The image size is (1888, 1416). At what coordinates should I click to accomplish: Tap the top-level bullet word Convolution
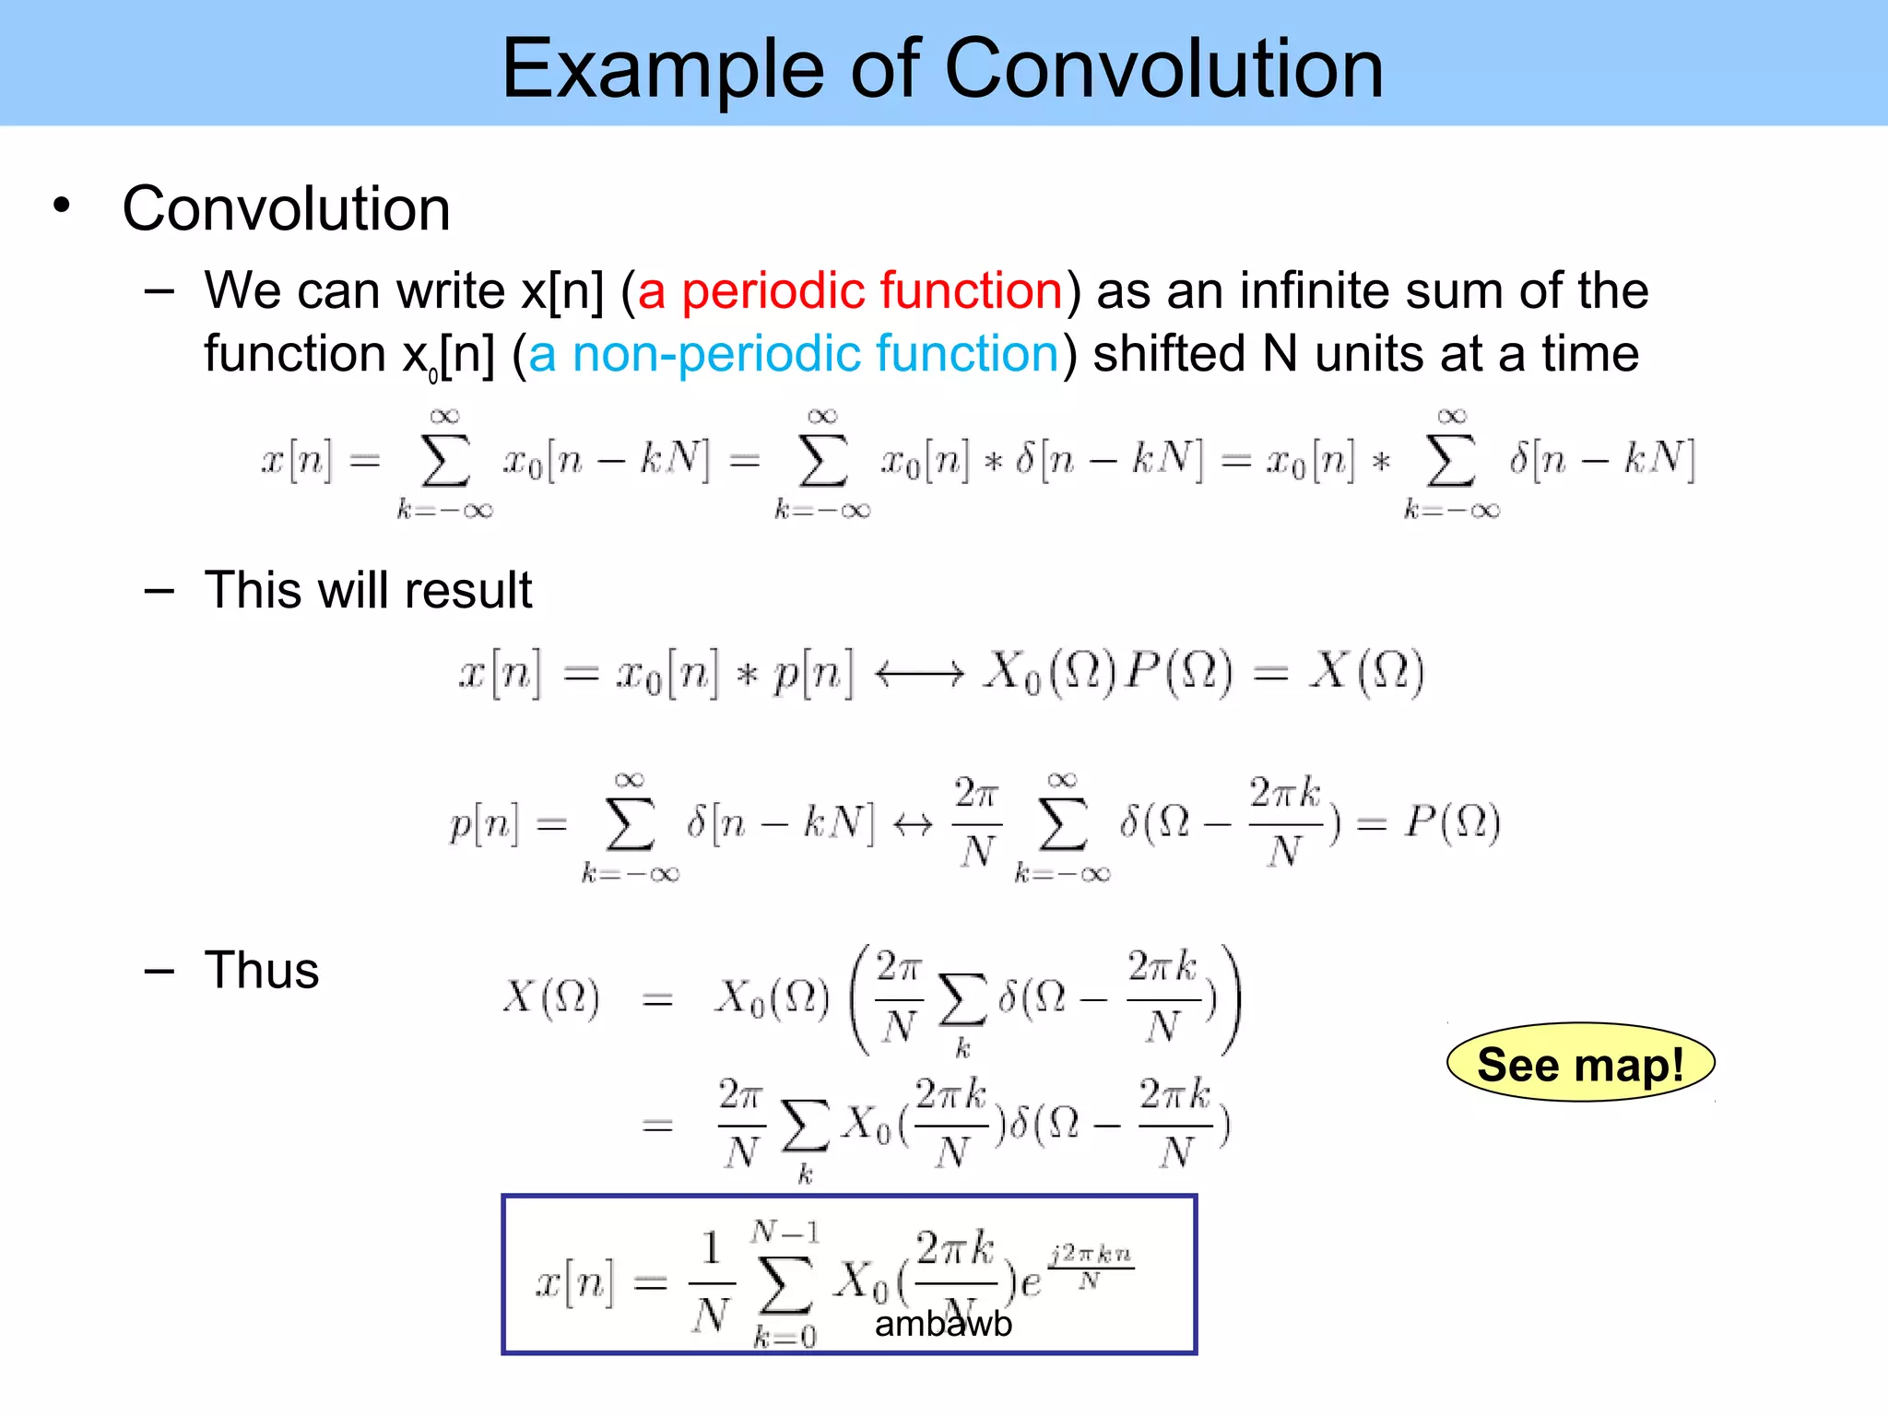(286, 209)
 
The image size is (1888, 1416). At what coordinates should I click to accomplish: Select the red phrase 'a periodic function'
(850, 290)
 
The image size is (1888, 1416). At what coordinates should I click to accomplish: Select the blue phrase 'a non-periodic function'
(793, 354)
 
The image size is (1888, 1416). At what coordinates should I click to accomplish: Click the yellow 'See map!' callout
(1580, 1063)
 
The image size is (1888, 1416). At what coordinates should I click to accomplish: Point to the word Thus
(262, 970)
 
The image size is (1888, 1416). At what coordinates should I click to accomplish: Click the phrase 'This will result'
(368, 590)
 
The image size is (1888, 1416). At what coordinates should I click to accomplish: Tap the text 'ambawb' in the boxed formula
(943, 1324)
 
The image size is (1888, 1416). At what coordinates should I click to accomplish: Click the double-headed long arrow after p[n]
(919, 674)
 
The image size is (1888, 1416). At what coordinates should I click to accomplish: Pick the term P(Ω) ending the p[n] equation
(1452, 820)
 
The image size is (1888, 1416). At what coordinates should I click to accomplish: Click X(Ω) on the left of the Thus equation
(551, 997)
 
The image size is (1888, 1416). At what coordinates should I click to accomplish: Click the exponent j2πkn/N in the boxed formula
(1091, 1267)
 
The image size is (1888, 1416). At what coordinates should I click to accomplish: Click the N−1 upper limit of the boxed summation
(785, 1232)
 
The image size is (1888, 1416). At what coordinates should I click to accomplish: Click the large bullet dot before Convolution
(62, 206)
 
